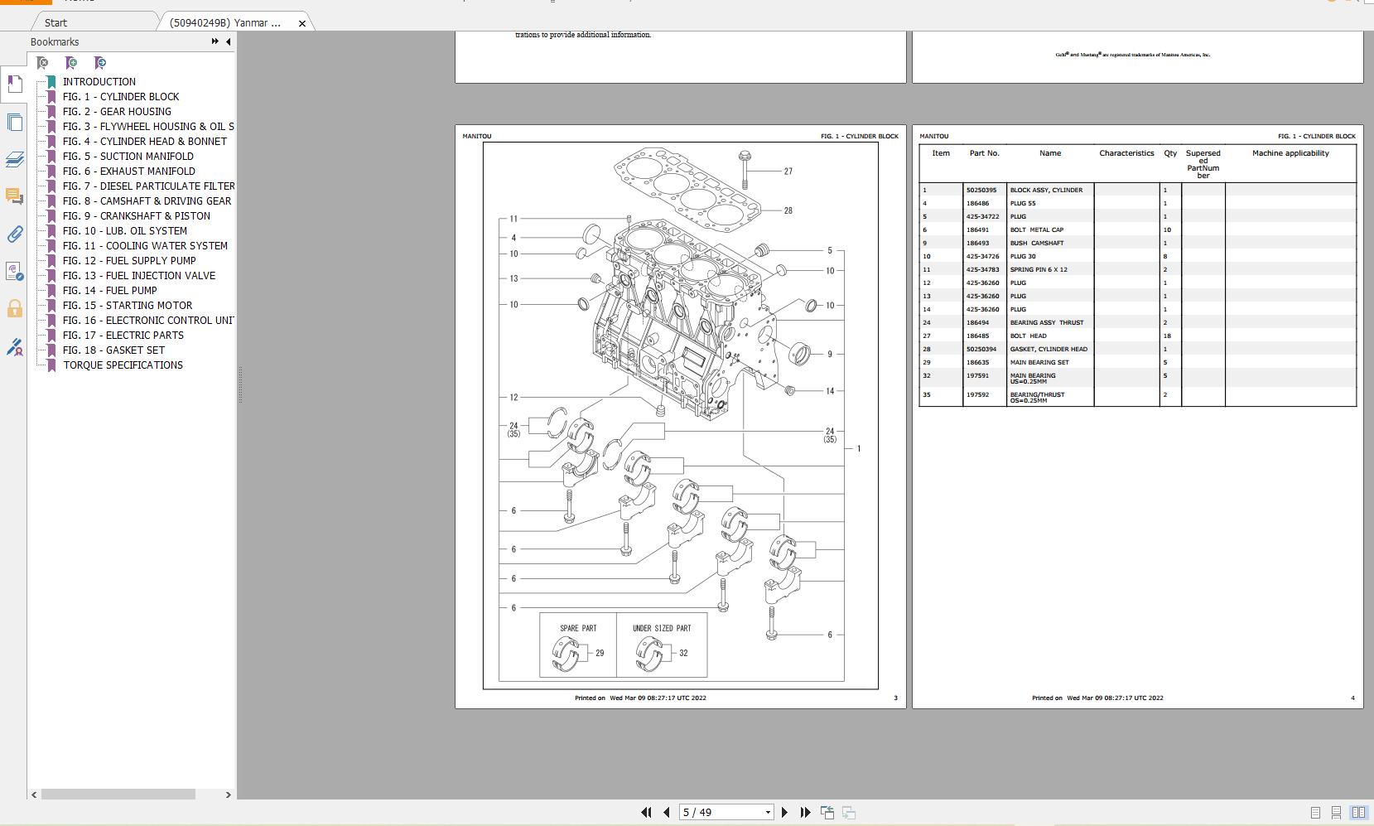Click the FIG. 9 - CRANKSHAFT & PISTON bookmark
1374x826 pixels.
click(x=136, y=216)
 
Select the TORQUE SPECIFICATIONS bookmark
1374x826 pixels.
click(x=123, y=365)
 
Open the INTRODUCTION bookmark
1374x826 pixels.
click(x=99, y=82)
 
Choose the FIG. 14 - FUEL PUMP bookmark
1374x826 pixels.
click(x=109, y=291)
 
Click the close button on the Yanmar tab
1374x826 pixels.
click(x=302, y=23)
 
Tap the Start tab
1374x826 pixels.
click(x=56, y=23)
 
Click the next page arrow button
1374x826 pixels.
click(x=784, y=813)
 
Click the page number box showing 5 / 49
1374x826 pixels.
click(x=721, y=813)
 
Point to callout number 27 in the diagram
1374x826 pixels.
click(x=788, y=171)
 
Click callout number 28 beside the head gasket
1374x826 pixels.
click(x=788, y=210)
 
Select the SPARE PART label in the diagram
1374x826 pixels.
click(x=578, y=628)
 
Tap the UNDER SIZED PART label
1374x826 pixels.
click(x=662, y=628)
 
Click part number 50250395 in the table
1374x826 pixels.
click(x=981, y=191)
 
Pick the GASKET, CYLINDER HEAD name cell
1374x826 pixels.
click(x=1049, y=350)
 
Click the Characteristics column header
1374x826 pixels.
click(x=1126, y=153)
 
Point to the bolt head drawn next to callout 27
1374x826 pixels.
click(x=744, y=155)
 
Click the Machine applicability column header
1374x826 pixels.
click(x=1290, y=153)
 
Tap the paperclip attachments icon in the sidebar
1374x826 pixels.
click(x=14, y=234)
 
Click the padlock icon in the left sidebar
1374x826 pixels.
click(x=14, y=309)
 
